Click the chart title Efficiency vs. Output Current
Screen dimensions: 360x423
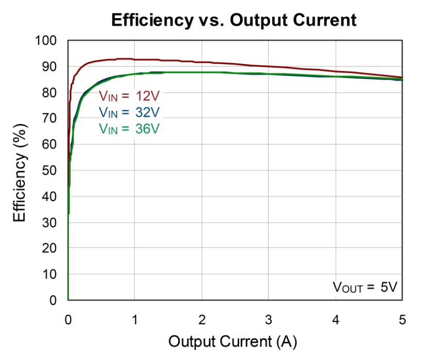[234, 20]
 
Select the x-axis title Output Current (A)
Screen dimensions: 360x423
[232, 341]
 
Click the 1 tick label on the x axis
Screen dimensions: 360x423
[135, 320]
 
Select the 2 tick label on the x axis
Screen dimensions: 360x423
[202, 320]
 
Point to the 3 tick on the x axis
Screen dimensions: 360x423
[269, 320]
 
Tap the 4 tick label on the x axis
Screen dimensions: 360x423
[336, 320]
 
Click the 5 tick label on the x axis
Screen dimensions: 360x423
[403, 320]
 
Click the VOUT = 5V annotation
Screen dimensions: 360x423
[364, 288]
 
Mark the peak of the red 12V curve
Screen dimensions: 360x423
[124, 59]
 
